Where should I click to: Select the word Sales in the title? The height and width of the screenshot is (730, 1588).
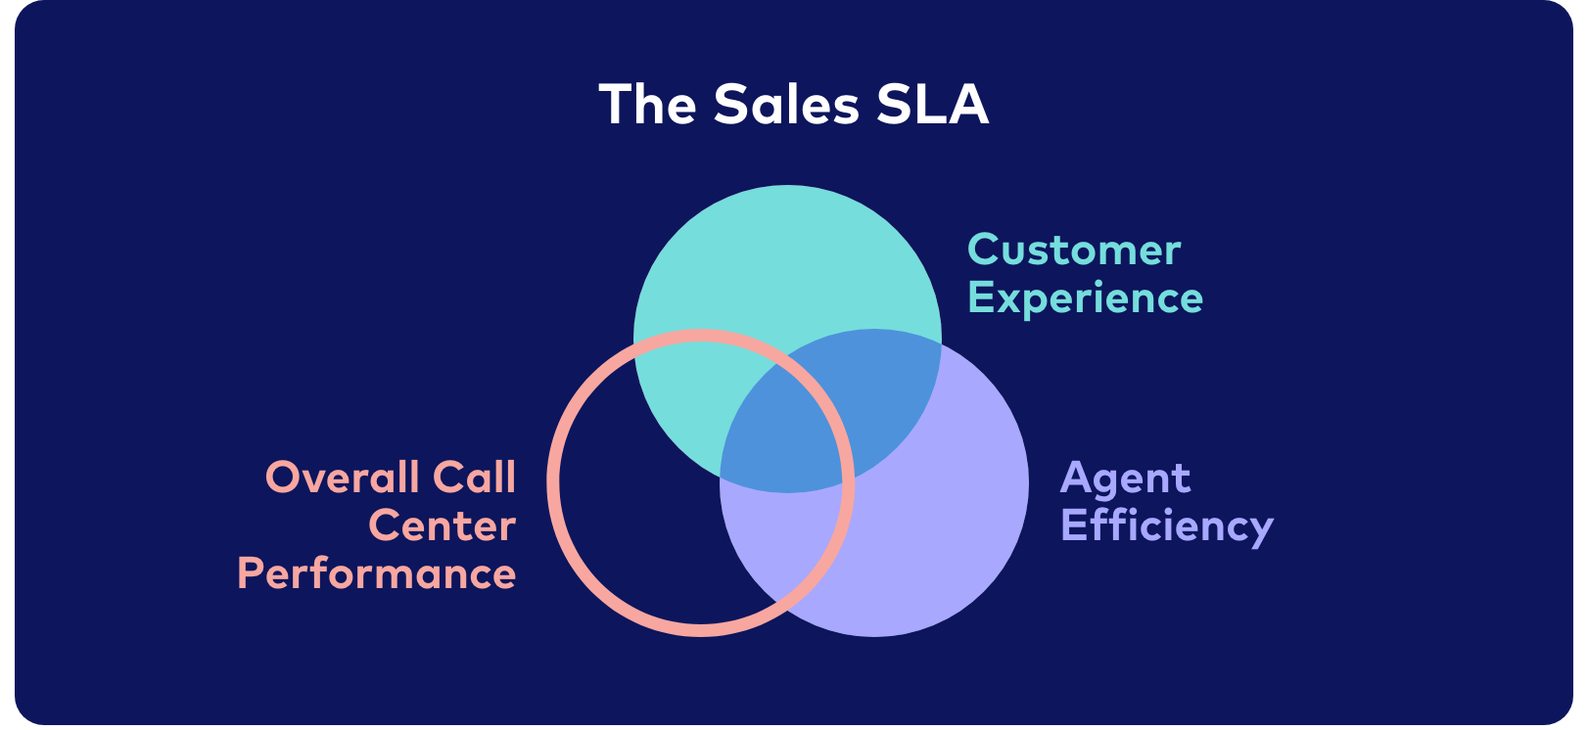pyautogui.click(x=786, y=104)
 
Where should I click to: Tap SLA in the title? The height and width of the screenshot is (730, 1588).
pyautogui.click(x=932, y=104)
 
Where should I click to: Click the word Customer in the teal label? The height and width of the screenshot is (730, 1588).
pyautogui.click(x=1074, y=251)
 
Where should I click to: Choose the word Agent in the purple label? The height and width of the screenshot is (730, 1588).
pyautogui.click(x=1125, y=479)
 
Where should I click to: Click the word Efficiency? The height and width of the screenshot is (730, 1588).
pyautogui.click(x=1167, y=525)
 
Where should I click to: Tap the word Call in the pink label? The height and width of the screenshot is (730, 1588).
pyautogui.click(x=474, y=477)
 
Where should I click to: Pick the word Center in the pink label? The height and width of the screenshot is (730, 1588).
pyautogui.click(x=443, y=526)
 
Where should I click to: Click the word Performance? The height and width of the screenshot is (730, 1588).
pyautogui.click(x=377, y=573)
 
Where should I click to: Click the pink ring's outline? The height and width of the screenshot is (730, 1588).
pyautogui.click(x=553, y=482)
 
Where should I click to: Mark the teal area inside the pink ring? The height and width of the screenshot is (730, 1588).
pyautogui.click(x=680, y=397)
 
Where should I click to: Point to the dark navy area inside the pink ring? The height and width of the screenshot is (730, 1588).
pyautogui.click(x=638, y=538)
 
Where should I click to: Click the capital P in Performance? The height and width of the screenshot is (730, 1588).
pyautogui.click(x=250, y=573)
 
